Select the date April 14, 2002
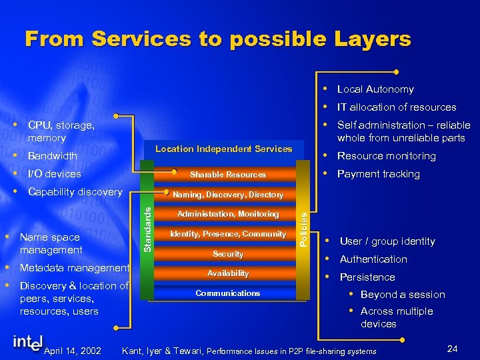tap(72, 351)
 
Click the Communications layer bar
tap(228, 293)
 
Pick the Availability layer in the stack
tap(228, 273)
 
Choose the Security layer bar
tap(228, 254)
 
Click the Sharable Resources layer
tap(228, 175)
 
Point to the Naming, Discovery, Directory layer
tap(228, 195)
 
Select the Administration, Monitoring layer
tap(228, 214)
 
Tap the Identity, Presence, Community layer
tap(228, 234)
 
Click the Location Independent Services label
tap(223, 149)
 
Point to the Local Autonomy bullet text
tap(375, 89)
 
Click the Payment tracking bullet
tap(378, 174)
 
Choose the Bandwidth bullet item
tap(53, 156)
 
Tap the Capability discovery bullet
tap(75, 192)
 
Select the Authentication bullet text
tap(373, 259)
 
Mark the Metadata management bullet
tap(75, 268)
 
